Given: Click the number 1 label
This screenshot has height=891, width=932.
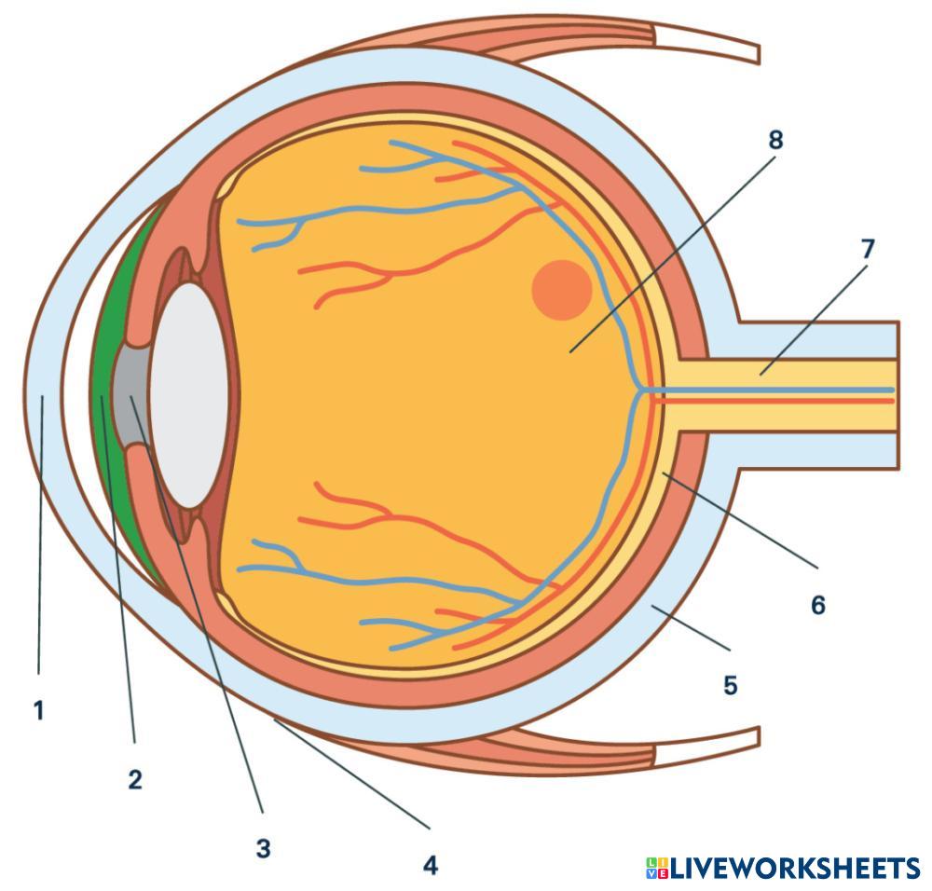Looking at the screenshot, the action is click(x=38, y=711).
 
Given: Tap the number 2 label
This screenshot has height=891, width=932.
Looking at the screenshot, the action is click(x=135, y=779).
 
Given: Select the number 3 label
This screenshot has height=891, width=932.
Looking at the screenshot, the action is click(x=264, y=848).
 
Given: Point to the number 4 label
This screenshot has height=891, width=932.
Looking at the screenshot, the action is click(x=430, y=865).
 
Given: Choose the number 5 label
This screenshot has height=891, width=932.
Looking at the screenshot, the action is click(x=730, y=686).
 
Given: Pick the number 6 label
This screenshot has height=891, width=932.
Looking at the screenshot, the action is click(x=817, y=605).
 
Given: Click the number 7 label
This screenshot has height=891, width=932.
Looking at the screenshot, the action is click(x=868, y=249).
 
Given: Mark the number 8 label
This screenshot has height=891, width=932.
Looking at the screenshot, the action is click(x=775, y=140).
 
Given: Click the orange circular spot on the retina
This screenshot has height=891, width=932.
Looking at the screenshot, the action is click(x=561, y=289).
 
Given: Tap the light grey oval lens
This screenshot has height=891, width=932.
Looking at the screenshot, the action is click(x=189, y=395).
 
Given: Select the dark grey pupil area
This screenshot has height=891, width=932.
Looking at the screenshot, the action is click(x=128, y=395).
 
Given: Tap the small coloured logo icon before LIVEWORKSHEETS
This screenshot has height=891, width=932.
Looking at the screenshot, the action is click(x=656, y=869).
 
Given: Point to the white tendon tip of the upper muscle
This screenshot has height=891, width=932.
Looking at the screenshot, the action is click(x=708, y=44).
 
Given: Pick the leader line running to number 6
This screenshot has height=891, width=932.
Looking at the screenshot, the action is click(x=736, y=520).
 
